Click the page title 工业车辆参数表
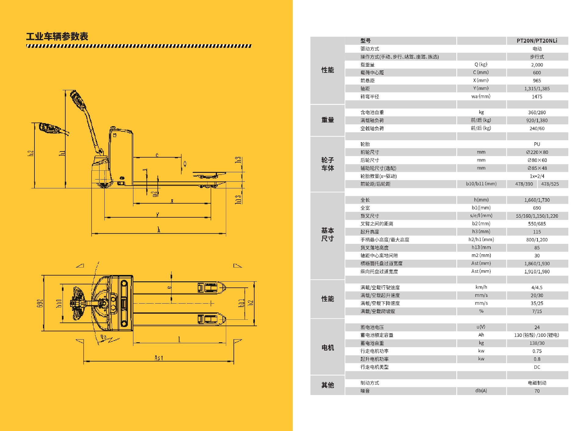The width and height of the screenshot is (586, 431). click(57, 37)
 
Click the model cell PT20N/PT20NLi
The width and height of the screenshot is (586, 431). click(537, 41)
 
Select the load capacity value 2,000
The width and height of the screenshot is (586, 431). click(537, 65)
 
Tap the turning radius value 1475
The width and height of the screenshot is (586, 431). click(537, 97)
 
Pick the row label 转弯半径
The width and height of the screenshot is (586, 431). click(370, 97)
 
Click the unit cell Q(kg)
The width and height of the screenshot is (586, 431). click(481, 65)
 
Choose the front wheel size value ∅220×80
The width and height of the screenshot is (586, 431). click(537, 152)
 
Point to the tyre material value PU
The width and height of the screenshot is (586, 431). click(537, 144)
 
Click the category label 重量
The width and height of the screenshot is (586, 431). click(327, 120)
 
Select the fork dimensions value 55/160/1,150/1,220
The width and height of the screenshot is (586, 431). click(537, 216)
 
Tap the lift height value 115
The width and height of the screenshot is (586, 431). click(537, 232)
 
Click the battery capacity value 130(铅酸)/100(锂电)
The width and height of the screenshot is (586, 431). click(537, 335)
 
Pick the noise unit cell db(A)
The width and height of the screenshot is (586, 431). click(481, 391)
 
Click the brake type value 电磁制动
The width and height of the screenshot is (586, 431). click(537, 383)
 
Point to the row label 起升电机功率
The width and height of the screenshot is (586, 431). click(374, 359)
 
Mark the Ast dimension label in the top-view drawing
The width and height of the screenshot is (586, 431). click(159, 358)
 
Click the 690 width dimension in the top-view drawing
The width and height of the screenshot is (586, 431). click(40, 303)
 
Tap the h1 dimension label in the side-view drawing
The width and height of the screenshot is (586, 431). click(62, 153)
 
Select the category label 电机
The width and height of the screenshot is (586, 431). click(327, 348)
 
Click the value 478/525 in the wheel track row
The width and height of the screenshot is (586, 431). click(550, 184)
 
